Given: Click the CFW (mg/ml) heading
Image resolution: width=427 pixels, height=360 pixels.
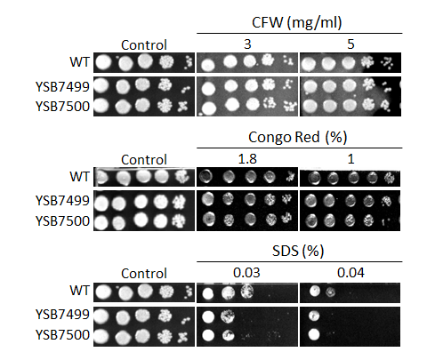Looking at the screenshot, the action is point(297,22).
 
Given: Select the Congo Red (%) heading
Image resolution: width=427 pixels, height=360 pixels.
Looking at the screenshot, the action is point(298,137).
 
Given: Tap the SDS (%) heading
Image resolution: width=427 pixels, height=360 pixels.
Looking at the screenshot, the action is point(298,252).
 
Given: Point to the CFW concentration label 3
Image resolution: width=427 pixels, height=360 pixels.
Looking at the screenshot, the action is point(247,44).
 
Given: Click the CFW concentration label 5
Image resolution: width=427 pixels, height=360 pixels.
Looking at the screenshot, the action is point(350,44).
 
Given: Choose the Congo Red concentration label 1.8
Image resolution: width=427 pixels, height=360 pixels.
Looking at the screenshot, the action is point(247,159).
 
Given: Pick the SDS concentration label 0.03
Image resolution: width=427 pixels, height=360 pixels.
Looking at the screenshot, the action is point(246,273).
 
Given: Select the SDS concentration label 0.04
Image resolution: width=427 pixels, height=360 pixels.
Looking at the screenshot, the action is point(350,273).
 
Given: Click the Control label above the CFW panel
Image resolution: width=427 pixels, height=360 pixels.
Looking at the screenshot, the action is point(144,45).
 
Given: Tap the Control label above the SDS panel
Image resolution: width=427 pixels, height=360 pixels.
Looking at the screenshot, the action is point(144,274).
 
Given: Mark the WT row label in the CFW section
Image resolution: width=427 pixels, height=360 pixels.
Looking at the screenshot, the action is point(79,62).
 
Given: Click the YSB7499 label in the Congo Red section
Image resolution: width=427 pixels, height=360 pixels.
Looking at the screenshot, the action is point(62,201).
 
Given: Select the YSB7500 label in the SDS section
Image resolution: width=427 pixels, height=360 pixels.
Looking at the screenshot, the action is point(62,335).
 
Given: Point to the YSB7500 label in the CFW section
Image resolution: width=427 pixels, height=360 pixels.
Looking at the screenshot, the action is point(62,107).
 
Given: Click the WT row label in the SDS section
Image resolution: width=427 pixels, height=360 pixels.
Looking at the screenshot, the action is point(79,291).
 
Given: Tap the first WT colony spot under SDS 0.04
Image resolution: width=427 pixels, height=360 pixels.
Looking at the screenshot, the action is point(314,292).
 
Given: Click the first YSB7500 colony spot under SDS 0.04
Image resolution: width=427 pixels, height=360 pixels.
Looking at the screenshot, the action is point(314,335).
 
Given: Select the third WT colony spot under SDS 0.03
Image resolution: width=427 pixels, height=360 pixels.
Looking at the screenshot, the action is point(246,292).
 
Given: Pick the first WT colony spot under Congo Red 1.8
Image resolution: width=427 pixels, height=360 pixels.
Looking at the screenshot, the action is point(206,177).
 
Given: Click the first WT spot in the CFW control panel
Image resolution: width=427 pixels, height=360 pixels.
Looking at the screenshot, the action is point(103,62).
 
